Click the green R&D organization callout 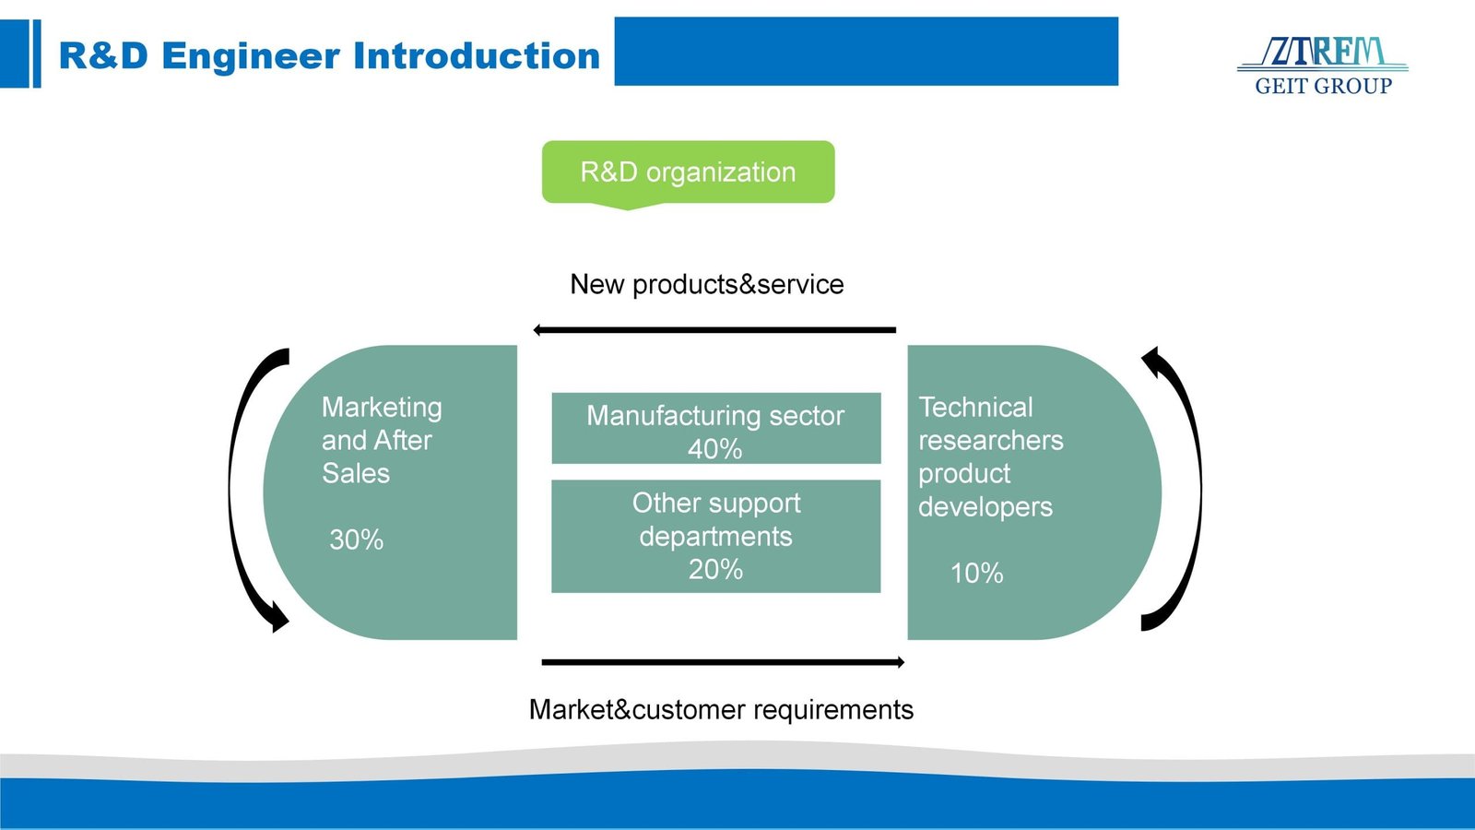(688, 172)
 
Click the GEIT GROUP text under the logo (1323, 87)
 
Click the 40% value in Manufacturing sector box (714, 449)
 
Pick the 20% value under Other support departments (715, 569)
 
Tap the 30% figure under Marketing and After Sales (356, 539)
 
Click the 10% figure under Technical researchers (976, 573)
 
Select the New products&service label (707, 284)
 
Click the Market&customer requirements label (721, 709)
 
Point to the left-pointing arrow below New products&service (714, 329)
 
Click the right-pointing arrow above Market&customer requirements (723, 662)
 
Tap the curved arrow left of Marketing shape (245, 489)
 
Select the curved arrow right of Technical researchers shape (1186, 489)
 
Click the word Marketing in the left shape (382, 407)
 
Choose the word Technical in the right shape (975, 407)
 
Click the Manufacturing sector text (715, 416)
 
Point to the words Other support (716, 503)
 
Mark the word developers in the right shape (985, 506)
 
